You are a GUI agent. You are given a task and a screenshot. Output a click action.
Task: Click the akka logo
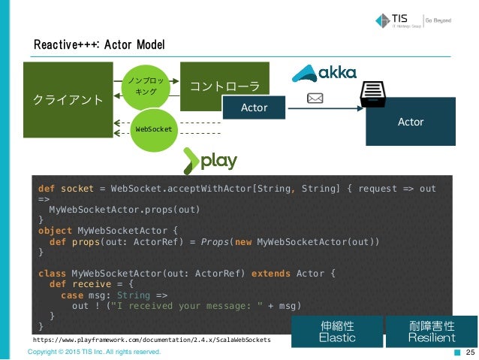(324, 74)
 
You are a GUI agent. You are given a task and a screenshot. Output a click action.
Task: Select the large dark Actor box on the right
(411, 122)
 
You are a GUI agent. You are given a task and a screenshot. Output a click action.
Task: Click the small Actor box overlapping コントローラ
(254, 108)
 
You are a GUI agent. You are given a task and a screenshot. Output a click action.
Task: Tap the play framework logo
(210, 160)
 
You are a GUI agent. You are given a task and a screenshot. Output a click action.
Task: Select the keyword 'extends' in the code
(270, 273)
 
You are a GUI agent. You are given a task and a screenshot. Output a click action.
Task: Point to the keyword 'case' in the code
(72, 295)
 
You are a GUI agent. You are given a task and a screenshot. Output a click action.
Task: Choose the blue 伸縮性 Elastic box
(336, 331)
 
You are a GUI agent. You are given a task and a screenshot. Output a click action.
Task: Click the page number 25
(471, 352)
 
